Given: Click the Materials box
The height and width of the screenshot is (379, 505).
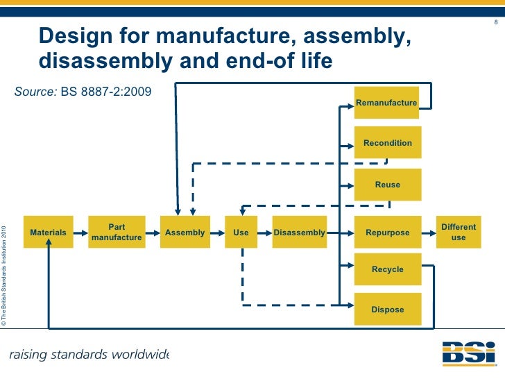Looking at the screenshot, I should click(x=49, y=233).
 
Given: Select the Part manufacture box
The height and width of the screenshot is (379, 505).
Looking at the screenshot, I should click(x=116, y=233).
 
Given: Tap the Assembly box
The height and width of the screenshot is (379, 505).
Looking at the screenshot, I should click(x=185, y=233).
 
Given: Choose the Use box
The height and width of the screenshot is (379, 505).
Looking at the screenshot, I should click(x=241, y=233).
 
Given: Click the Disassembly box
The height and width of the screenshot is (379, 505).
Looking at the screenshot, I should click(x=299, y=233).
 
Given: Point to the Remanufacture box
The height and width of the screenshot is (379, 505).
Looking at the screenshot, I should click(x=386, y=103).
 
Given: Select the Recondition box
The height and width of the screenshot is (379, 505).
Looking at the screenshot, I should click(x=387, y=143).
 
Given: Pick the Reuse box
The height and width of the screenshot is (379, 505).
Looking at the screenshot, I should click(x=387, y=185).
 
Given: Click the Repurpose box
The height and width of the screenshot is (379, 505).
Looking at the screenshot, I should click(x=387, y=233).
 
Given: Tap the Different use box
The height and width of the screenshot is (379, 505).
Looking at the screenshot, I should click(x=459, y=233).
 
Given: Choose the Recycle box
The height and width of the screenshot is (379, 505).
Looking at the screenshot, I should click(x=387, y=269).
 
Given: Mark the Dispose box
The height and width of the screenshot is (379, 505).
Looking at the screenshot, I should click(x=387, y=310).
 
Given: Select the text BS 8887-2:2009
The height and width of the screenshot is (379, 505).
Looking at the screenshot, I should click(x=106, y=92).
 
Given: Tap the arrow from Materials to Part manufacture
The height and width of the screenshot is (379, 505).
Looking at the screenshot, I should click(x=80, y=233).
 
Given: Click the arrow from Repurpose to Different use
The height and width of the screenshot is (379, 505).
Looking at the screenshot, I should click(x=430, y=233).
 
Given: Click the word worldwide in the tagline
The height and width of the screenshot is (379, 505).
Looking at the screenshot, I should click(x=135, y=355).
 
